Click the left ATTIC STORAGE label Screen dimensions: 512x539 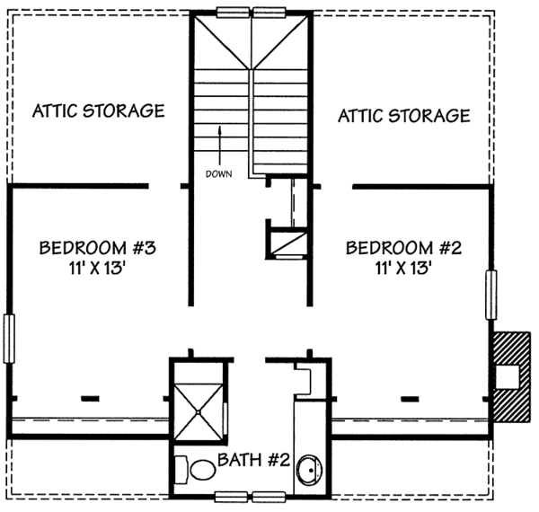click(99, 111)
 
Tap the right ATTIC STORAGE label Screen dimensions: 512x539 click(403, 115)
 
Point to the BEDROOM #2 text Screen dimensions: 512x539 click(403, 248)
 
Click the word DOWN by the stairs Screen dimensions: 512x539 click(218, 174)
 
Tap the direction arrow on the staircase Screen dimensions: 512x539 click(219, 144)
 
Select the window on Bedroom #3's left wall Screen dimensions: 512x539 click(9, 339)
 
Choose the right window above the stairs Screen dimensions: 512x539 click(270, 12)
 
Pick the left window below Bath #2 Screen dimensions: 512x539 click(232, 494)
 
